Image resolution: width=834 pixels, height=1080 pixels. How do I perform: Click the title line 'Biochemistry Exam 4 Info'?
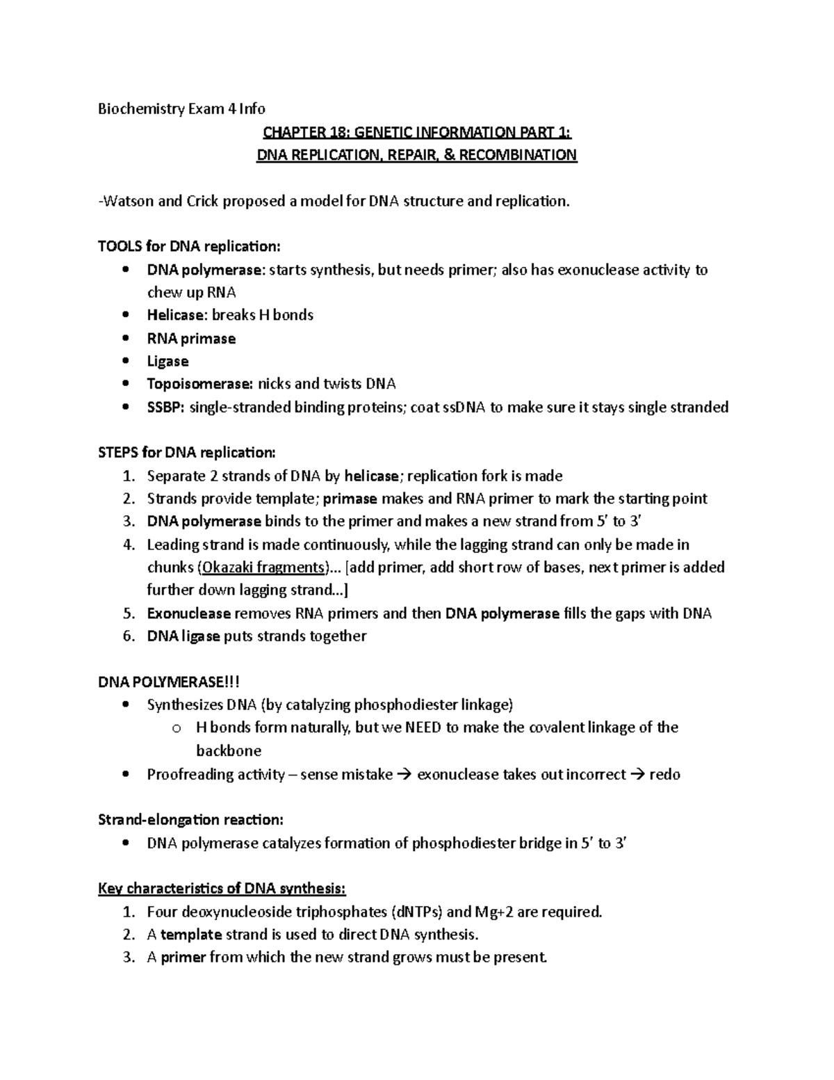pos(182,108)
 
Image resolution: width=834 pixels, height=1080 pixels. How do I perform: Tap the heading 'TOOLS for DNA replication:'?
pos(189,246)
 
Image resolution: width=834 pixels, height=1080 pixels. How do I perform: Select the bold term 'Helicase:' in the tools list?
pos(177,315)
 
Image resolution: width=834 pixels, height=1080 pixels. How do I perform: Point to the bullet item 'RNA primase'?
pos(191,339)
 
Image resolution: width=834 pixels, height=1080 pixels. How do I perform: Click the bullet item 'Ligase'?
pos(167,362)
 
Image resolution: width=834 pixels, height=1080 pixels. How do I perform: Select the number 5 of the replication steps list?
pos(127,613)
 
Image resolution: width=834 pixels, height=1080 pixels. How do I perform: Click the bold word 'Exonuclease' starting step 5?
pos(188,613)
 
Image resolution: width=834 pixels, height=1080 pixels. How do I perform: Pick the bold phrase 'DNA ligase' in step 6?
pos(183,636)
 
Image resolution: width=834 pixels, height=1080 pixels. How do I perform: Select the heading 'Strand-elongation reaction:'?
pos(190,820)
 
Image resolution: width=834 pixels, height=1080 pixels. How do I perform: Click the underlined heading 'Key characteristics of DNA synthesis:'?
pos(222,889)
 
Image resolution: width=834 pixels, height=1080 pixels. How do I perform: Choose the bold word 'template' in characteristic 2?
pos(191,935)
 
